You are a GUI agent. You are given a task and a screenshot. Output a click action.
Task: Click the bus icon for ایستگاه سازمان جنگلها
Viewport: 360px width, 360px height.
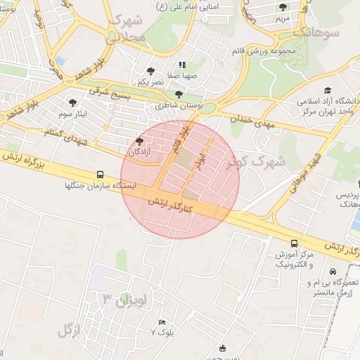(100, 174)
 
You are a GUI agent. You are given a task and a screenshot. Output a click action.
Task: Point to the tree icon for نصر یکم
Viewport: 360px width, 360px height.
(150, 71)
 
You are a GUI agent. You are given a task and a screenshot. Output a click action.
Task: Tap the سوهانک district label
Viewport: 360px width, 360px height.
(317, 32)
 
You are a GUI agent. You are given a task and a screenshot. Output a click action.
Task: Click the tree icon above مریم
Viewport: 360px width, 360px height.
(283, 7)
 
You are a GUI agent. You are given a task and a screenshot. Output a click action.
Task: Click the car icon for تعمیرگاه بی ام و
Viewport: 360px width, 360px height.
(333, 271)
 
